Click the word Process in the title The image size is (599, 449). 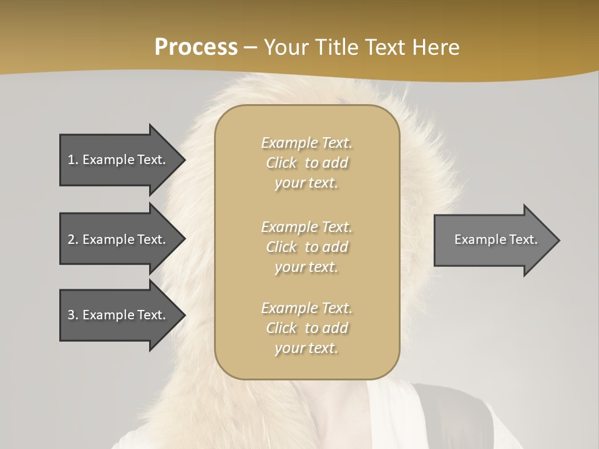click(x=196, y=47)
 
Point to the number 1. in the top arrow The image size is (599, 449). click(x=73, y=160)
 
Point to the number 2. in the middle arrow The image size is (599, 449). click(x=73, y=239)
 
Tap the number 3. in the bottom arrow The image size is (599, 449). click(x=73, y=315)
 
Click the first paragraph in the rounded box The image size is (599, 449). click(x=306, y=163)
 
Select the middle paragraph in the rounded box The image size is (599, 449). click(x=306, y=247)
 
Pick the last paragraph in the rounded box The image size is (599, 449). click(x=306, y=328)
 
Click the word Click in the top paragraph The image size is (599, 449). click(x=281, y=163)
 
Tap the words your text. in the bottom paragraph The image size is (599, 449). click(x=306, y=348)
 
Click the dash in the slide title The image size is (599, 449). click(x=250, y=47)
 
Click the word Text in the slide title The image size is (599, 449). click(x=385, y=47)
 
